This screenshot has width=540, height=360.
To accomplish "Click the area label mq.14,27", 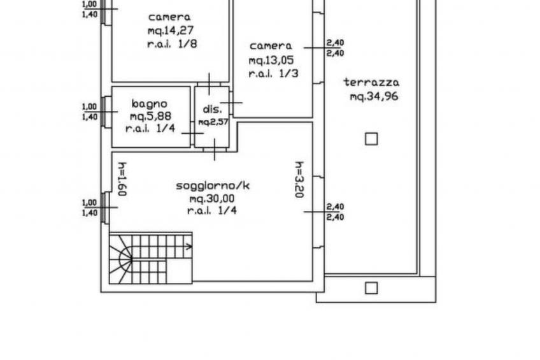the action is pos(171,31).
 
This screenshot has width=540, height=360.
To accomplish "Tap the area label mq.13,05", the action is pos(271,61).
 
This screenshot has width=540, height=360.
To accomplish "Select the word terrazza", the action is pos(371,82).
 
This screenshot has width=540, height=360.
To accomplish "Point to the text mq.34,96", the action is pos(374,96).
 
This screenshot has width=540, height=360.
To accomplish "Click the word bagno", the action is pos(150,104).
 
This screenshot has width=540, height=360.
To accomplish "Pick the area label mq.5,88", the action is pos(150,117).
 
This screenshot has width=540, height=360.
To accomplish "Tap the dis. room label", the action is pos(212,109).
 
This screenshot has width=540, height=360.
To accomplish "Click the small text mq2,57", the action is pos(213,122).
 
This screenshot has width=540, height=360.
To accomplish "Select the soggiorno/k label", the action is pos(213,186).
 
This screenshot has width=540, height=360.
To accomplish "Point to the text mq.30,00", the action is pos(212,199).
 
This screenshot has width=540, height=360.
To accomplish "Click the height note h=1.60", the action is pos(122,179).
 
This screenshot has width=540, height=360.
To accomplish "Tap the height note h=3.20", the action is pos(299,180).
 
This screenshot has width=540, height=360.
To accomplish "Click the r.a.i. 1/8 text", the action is pos(172,44).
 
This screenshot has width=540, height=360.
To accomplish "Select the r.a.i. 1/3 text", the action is pos(273,74).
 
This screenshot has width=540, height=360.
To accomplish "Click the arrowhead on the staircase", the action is pos(189,247).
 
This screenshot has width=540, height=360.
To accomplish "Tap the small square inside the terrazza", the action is pos(371,139).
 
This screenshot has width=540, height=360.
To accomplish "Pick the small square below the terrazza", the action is pos(371,288).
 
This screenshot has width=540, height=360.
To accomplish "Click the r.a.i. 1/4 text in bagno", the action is pos(150,129).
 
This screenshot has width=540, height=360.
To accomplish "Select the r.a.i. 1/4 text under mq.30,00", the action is pos(212,211).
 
